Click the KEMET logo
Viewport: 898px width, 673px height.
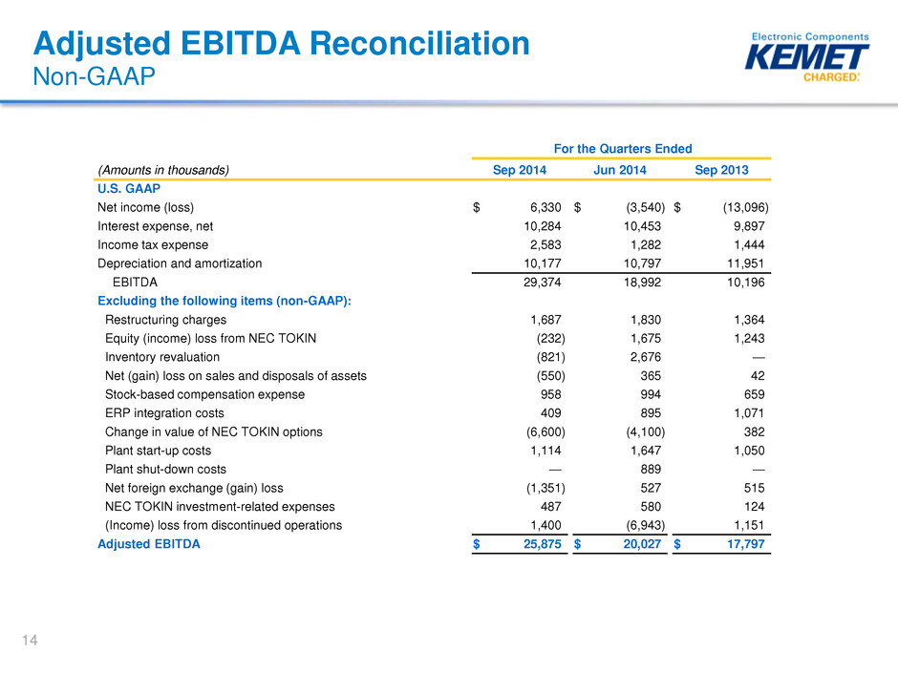(x=806, y=56)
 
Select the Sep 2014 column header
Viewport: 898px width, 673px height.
(x=520, y=170)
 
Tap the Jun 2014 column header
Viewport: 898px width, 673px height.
(x=620, y=170)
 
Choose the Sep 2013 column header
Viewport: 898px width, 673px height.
(x=721, y=170)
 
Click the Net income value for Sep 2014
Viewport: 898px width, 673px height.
(x=545, y=207)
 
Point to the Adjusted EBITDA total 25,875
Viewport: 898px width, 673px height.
(x=543, y=544)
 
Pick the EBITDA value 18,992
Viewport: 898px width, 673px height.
(x=642, y=283)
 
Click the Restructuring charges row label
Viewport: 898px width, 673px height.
(x=165, y=320)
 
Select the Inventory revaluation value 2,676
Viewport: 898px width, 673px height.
(x=646, y=357)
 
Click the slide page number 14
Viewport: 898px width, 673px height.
(x=30, y=640)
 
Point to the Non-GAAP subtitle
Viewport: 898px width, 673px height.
(x=94, y=76)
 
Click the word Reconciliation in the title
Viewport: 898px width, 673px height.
(x=419, y=44)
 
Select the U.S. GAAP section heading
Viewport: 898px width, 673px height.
(x=129, y=188)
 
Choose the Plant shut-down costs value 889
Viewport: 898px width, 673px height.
(x=651, y=470)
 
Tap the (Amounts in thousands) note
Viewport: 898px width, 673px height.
(x=163, y=170)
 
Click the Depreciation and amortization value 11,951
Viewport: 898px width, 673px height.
(x=746, y=263)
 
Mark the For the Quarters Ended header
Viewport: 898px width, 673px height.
(x=623, y=149)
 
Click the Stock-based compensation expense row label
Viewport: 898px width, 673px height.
(x=204, y=394)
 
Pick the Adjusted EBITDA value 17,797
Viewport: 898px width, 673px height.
(x=746, y=544)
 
